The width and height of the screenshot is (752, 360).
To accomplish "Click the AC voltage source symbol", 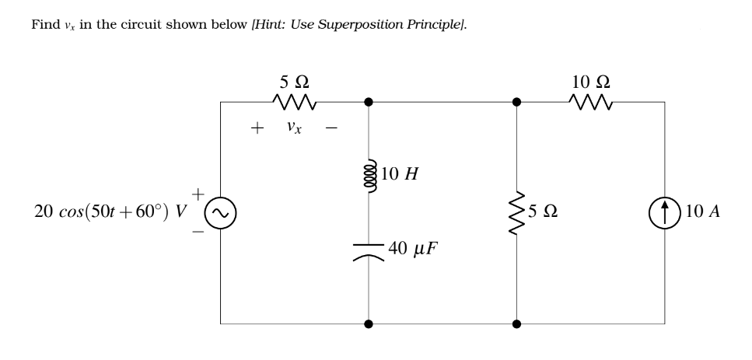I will (220, 211).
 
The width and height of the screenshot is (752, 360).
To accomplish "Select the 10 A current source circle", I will (665, 211).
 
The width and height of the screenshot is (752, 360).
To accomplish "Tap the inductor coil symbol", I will (368, 175).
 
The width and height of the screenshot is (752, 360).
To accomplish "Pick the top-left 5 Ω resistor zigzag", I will (292, 101).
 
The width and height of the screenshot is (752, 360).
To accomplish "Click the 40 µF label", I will (415, 250).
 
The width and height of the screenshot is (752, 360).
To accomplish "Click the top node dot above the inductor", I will (368, 101).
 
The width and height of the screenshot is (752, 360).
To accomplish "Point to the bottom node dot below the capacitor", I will (368, 322).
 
